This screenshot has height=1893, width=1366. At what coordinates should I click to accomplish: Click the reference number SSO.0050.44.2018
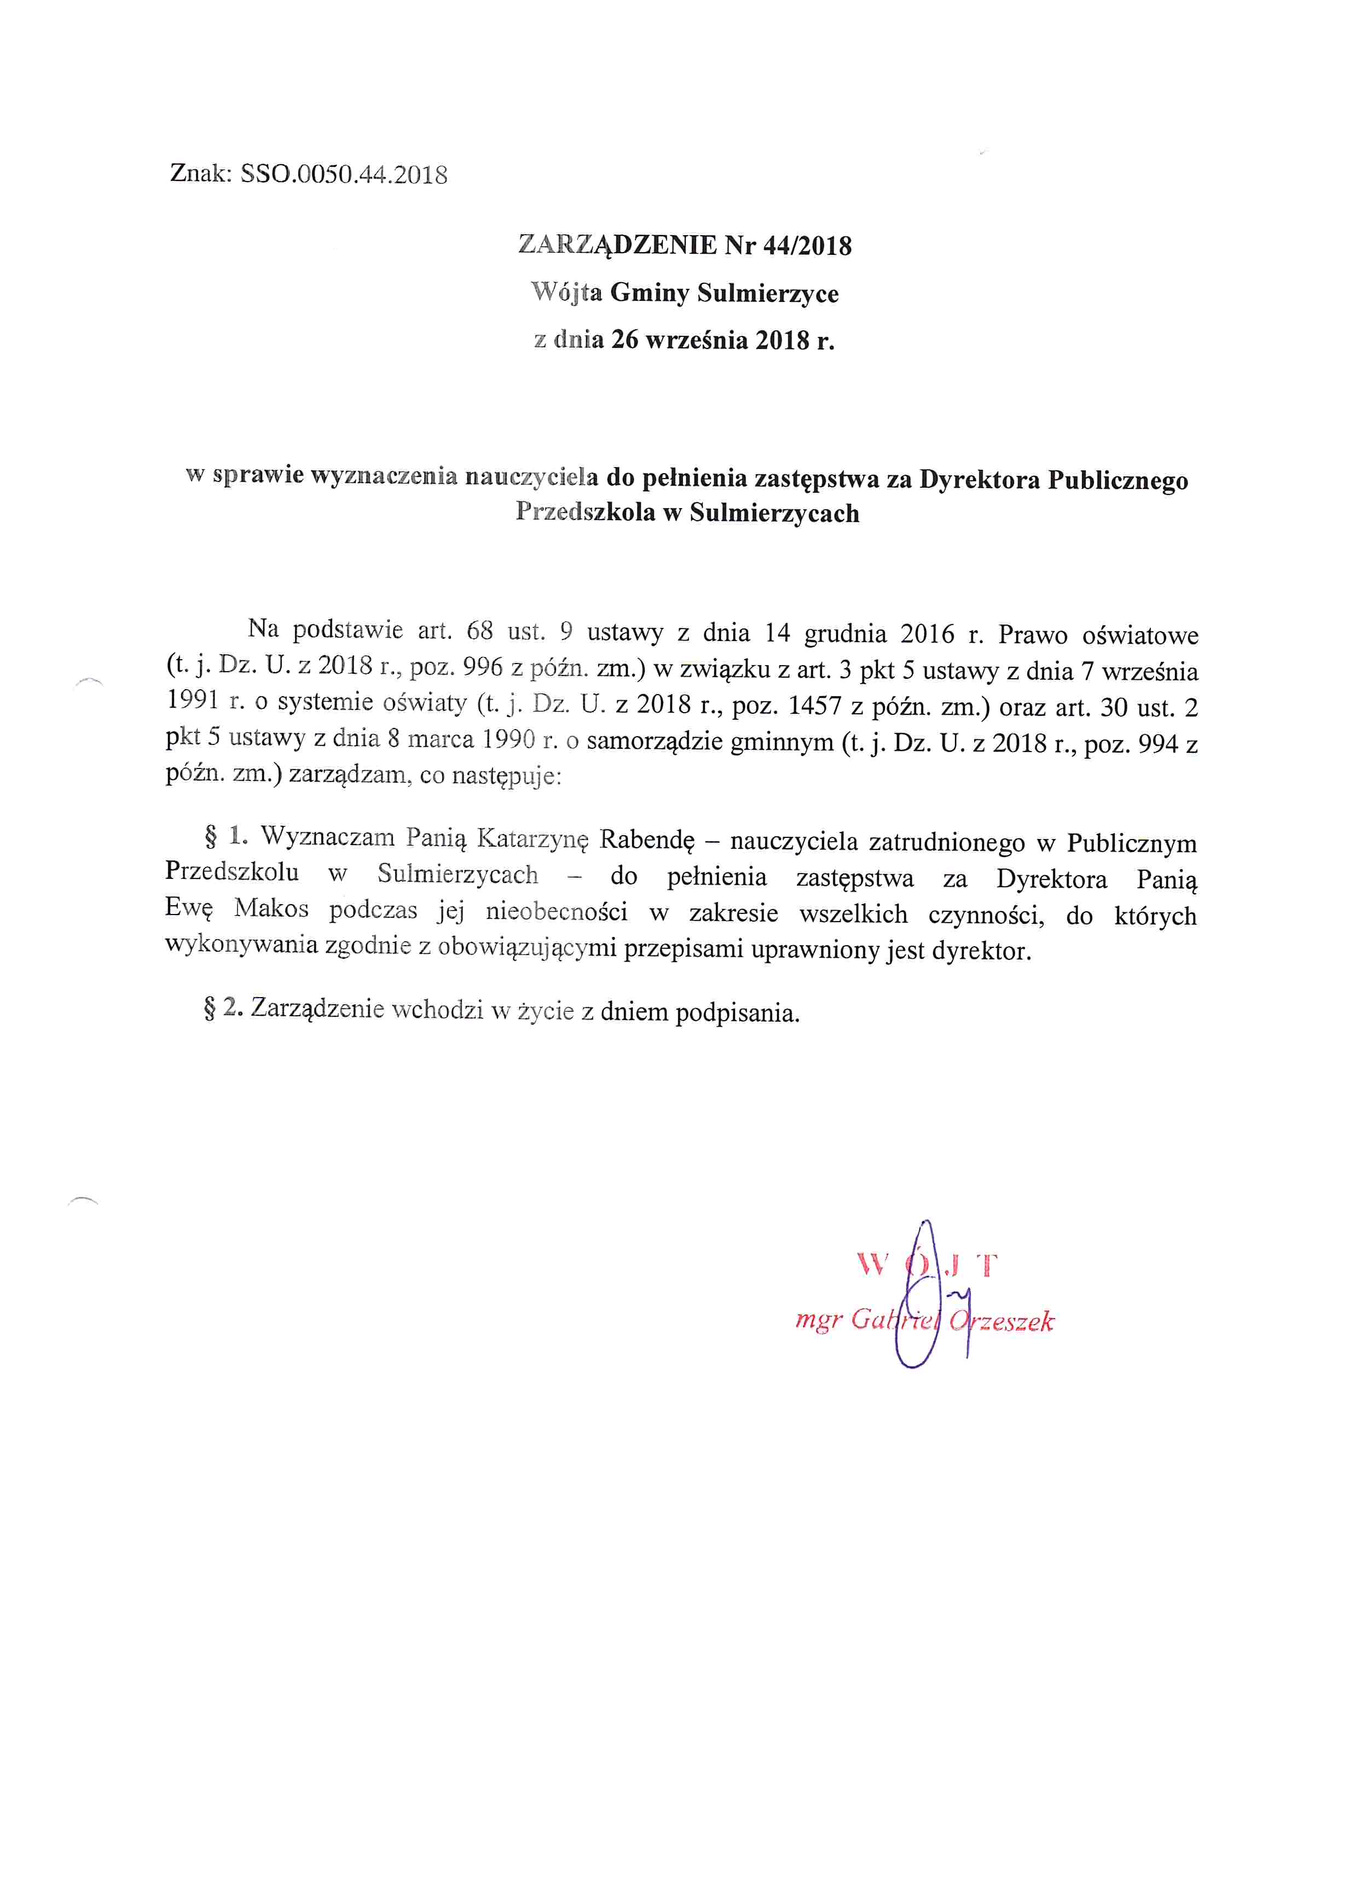(343, 174)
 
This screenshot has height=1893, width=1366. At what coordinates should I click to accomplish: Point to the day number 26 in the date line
(624, 340)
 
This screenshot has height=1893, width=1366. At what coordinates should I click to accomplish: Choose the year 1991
(192, 700)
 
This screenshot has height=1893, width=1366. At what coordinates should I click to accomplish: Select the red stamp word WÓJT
(927, 1265)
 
